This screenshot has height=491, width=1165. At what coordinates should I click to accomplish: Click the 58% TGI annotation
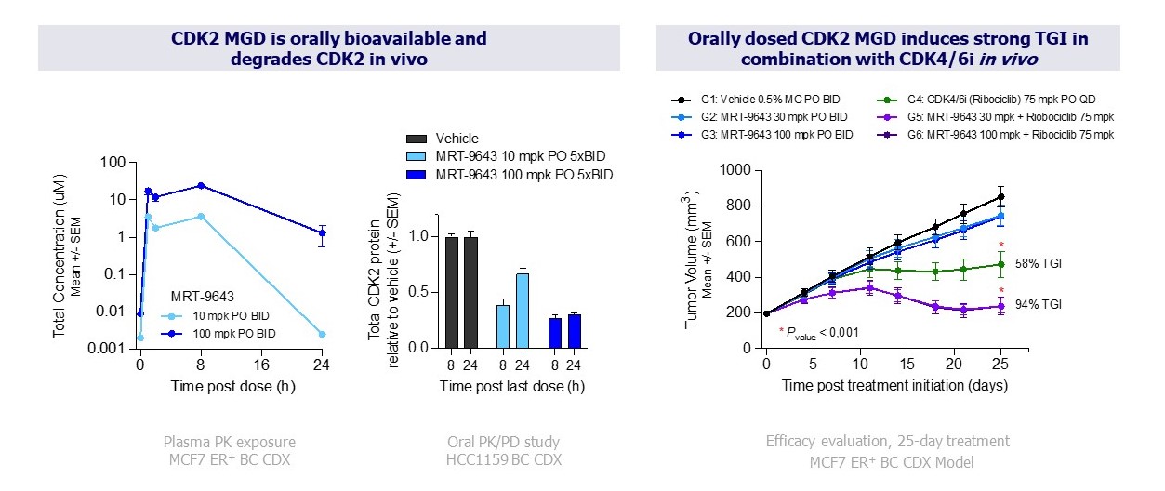1039,264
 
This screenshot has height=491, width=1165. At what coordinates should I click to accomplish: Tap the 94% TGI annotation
1039,304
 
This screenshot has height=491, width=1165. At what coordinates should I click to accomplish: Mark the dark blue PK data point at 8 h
201,186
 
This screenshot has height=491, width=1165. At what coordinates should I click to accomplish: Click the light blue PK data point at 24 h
321,334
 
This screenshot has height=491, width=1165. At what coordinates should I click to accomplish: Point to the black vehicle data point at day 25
1001,196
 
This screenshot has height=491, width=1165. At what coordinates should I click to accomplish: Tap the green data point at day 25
1001,264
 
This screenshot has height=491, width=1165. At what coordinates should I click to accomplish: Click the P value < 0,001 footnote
818,330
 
